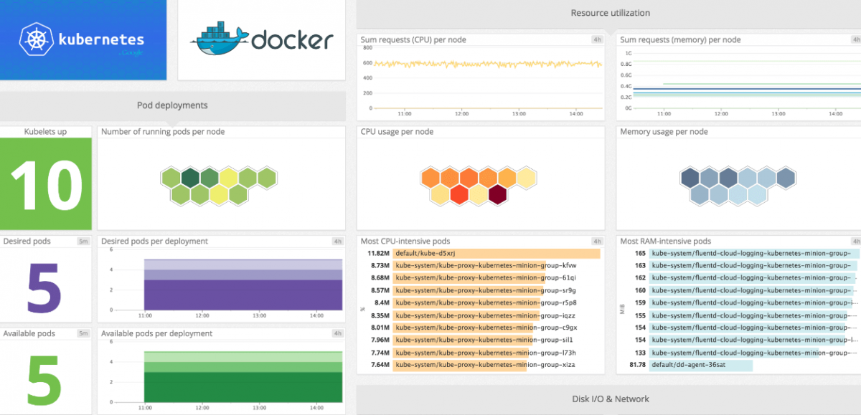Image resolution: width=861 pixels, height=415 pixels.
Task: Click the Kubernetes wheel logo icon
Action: click(34, 39)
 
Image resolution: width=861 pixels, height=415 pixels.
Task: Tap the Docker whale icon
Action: click(219, 42)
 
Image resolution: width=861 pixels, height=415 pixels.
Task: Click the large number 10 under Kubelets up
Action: click(46, 184)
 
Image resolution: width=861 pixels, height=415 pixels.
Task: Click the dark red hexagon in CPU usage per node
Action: click(497, 194)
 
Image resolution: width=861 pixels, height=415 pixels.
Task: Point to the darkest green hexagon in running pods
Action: click(190, 177)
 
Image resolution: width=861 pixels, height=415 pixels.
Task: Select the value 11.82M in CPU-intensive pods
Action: click(378, 254)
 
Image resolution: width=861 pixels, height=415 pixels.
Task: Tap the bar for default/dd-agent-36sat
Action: click(701, 366)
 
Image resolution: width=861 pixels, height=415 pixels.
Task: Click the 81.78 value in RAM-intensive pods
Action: click(637, 366)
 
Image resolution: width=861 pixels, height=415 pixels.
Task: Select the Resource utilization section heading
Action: click(610, 13)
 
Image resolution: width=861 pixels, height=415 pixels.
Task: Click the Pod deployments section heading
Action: click(172, 105)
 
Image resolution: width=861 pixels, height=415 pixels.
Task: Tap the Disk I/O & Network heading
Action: click(610, 399)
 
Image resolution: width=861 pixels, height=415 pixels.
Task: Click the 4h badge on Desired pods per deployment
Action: click(337, 242)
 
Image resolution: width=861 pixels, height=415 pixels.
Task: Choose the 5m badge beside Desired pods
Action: click(83, 242)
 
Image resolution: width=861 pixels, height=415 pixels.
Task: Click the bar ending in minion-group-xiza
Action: click(459, 366)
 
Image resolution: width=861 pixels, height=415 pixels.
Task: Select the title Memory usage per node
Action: click(664, 132)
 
